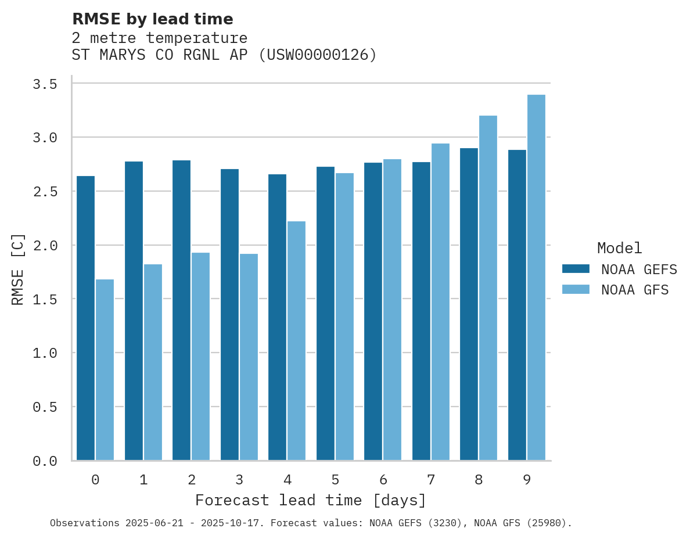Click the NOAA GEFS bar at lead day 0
click(x=85, y=318)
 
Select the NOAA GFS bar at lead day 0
click(x=105, y=370)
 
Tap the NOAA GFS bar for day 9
click(x=536, y=278)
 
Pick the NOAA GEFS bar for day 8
click(x=469, y=304)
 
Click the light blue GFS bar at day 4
click(x=296, y=341)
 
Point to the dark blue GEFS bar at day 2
click(x=181, y=310)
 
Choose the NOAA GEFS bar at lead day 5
click(x=325, y=314)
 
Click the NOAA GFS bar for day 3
click(x=249, y=357)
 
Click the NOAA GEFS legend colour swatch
click(x=576, y=269)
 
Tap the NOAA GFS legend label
click(x=635, y=290)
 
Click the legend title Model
click(x=619, y=249)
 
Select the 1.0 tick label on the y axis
click(x=45, y=353)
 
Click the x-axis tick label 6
click(x=383, y=480)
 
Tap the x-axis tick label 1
click(x=143, y=480)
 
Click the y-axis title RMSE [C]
click(x=18, y=269)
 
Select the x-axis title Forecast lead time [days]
click(x=311, y=500)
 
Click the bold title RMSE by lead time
click(x=152, y=19)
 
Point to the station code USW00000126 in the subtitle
click(x=317, y=55)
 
